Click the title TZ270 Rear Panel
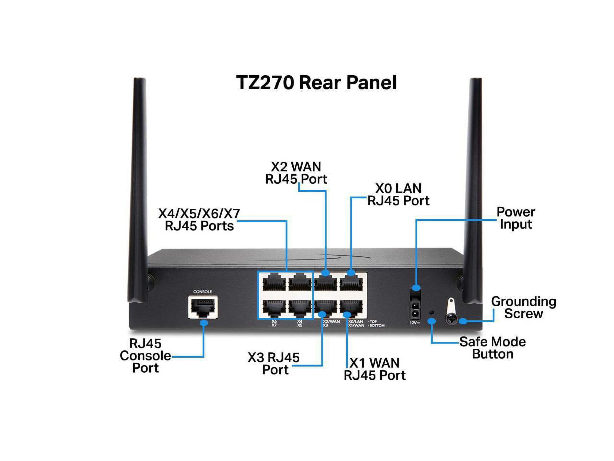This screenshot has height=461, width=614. pyautogui.click(x=316, y=83)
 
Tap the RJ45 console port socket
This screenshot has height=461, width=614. pyautogui.click(x=203, y=307)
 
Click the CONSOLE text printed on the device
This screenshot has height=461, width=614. pyautogui.click(x=202, y=291)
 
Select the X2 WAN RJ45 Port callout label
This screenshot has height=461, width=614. pyautogui.click(x=296, y=173)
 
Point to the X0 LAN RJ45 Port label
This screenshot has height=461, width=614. pyautogui.click(x=398, y=194)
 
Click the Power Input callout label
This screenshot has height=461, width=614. pyautogui.click(x=516, y=218)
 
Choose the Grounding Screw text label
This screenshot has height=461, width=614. pyautogui.click(x=524, y=308)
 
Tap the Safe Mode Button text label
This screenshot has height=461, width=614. pyautogui.click(x=492, y=348)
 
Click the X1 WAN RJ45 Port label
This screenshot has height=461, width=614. pyautogui.click(x=374, y=369)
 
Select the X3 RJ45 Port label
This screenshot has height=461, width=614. pyautogui.click(x=274, y=364)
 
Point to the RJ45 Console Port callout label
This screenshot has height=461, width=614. pyautogui.click(x=145, y=356)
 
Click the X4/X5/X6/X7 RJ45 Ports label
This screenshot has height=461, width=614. pyautogui.click(x=199, y=220)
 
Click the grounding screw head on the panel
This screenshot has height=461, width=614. pyautogui.click(x=451, y=320)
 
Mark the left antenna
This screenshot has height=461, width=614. pyautogui.click(x=138, y=189)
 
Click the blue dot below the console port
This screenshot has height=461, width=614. pyautogui.click(x=204, y=323)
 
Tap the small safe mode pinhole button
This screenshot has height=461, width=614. pyautogui.click(x=431, y=312)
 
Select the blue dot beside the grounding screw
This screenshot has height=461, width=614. pyautogui.click(x=462, y=321)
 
